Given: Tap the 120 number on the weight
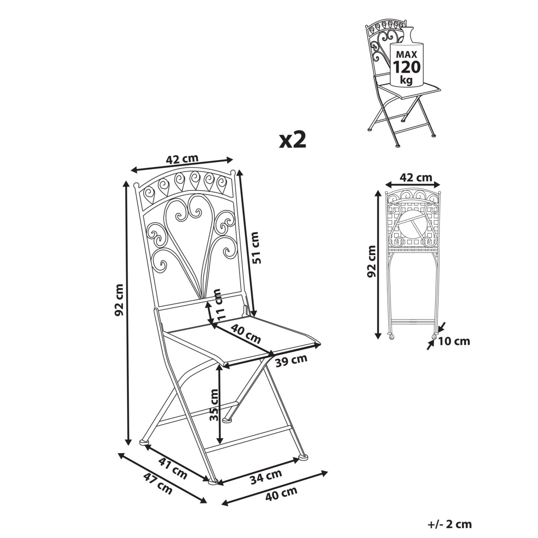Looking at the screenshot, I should coord(407,67).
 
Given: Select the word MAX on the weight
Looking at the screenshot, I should coord(407,54).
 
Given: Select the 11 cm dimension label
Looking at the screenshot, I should coord(218,304).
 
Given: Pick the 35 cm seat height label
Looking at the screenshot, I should coord(214,405).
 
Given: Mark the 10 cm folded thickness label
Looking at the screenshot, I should coord(454,341).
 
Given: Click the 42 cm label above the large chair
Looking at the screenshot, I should coord(182,159).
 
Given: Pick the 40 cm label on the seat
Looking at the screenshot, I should coord(246,334).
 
